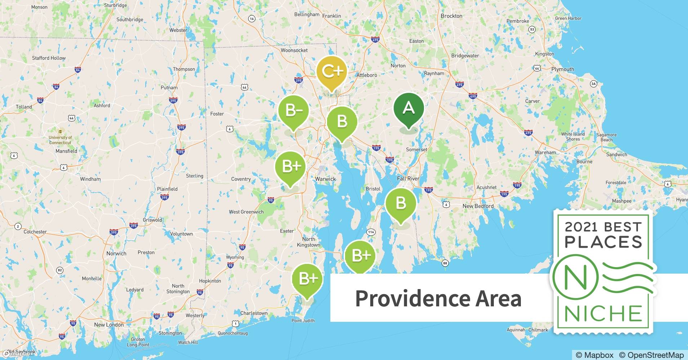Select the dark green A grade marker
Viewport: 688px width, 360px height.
tap(408, 108)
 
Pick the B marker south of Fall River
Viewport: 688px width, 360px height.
tap(401, 203)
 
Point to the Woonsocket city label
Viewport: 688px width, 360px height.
tap(294, 50)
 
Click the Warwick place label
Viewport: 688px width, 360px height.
tap(325, 179)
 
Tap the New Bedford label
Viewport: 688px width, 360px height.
tap(478, 206)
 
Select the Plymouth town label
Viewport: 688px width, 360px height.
tap(563, 69)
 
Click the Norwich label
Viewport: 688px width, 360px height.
tap(116, 253)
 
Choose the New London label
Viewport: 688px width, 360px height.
tap(109, 325)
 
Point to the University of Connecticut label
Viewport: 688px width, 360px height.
tap(60, 140)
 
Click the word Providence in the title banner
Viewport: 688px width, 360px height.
tap(412, 298)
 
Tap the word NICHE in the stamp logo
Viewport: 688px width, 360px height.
tap(603, 314)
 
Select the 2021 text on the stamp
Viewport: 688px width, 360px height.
tap(582, 227)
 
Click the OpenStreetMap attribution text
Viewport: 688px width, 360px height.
tap(651, 355)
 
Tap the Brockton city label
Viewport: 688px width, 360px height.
tap(451, 16)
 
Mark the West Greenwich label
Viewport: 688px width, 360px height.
tap(246, 212)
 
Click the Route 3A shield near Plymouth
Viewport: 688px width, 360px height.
tap(593, 84)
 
